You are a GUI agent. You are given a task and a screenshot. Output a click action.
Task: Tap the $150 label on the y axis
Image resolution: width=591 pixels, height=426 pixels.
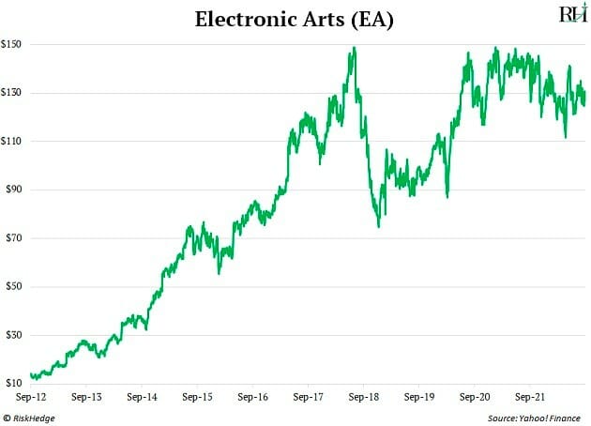pyautogui.click(x=14, y=44)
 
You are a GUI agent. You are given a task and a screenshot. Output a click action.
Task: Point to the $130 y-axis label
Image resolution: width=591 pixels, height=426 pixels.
pyautogui.click(x=14, y=93)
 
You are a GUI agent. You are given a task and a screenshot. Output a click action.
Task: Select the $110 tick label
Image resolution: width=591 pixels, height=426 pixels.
pyautogui.click(x=14, y=141)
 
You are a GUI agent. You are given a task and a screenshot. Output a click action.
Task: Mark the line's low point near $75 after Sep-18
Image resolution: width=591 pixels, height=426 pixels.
pyautogui.click(x=378, y=226)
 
